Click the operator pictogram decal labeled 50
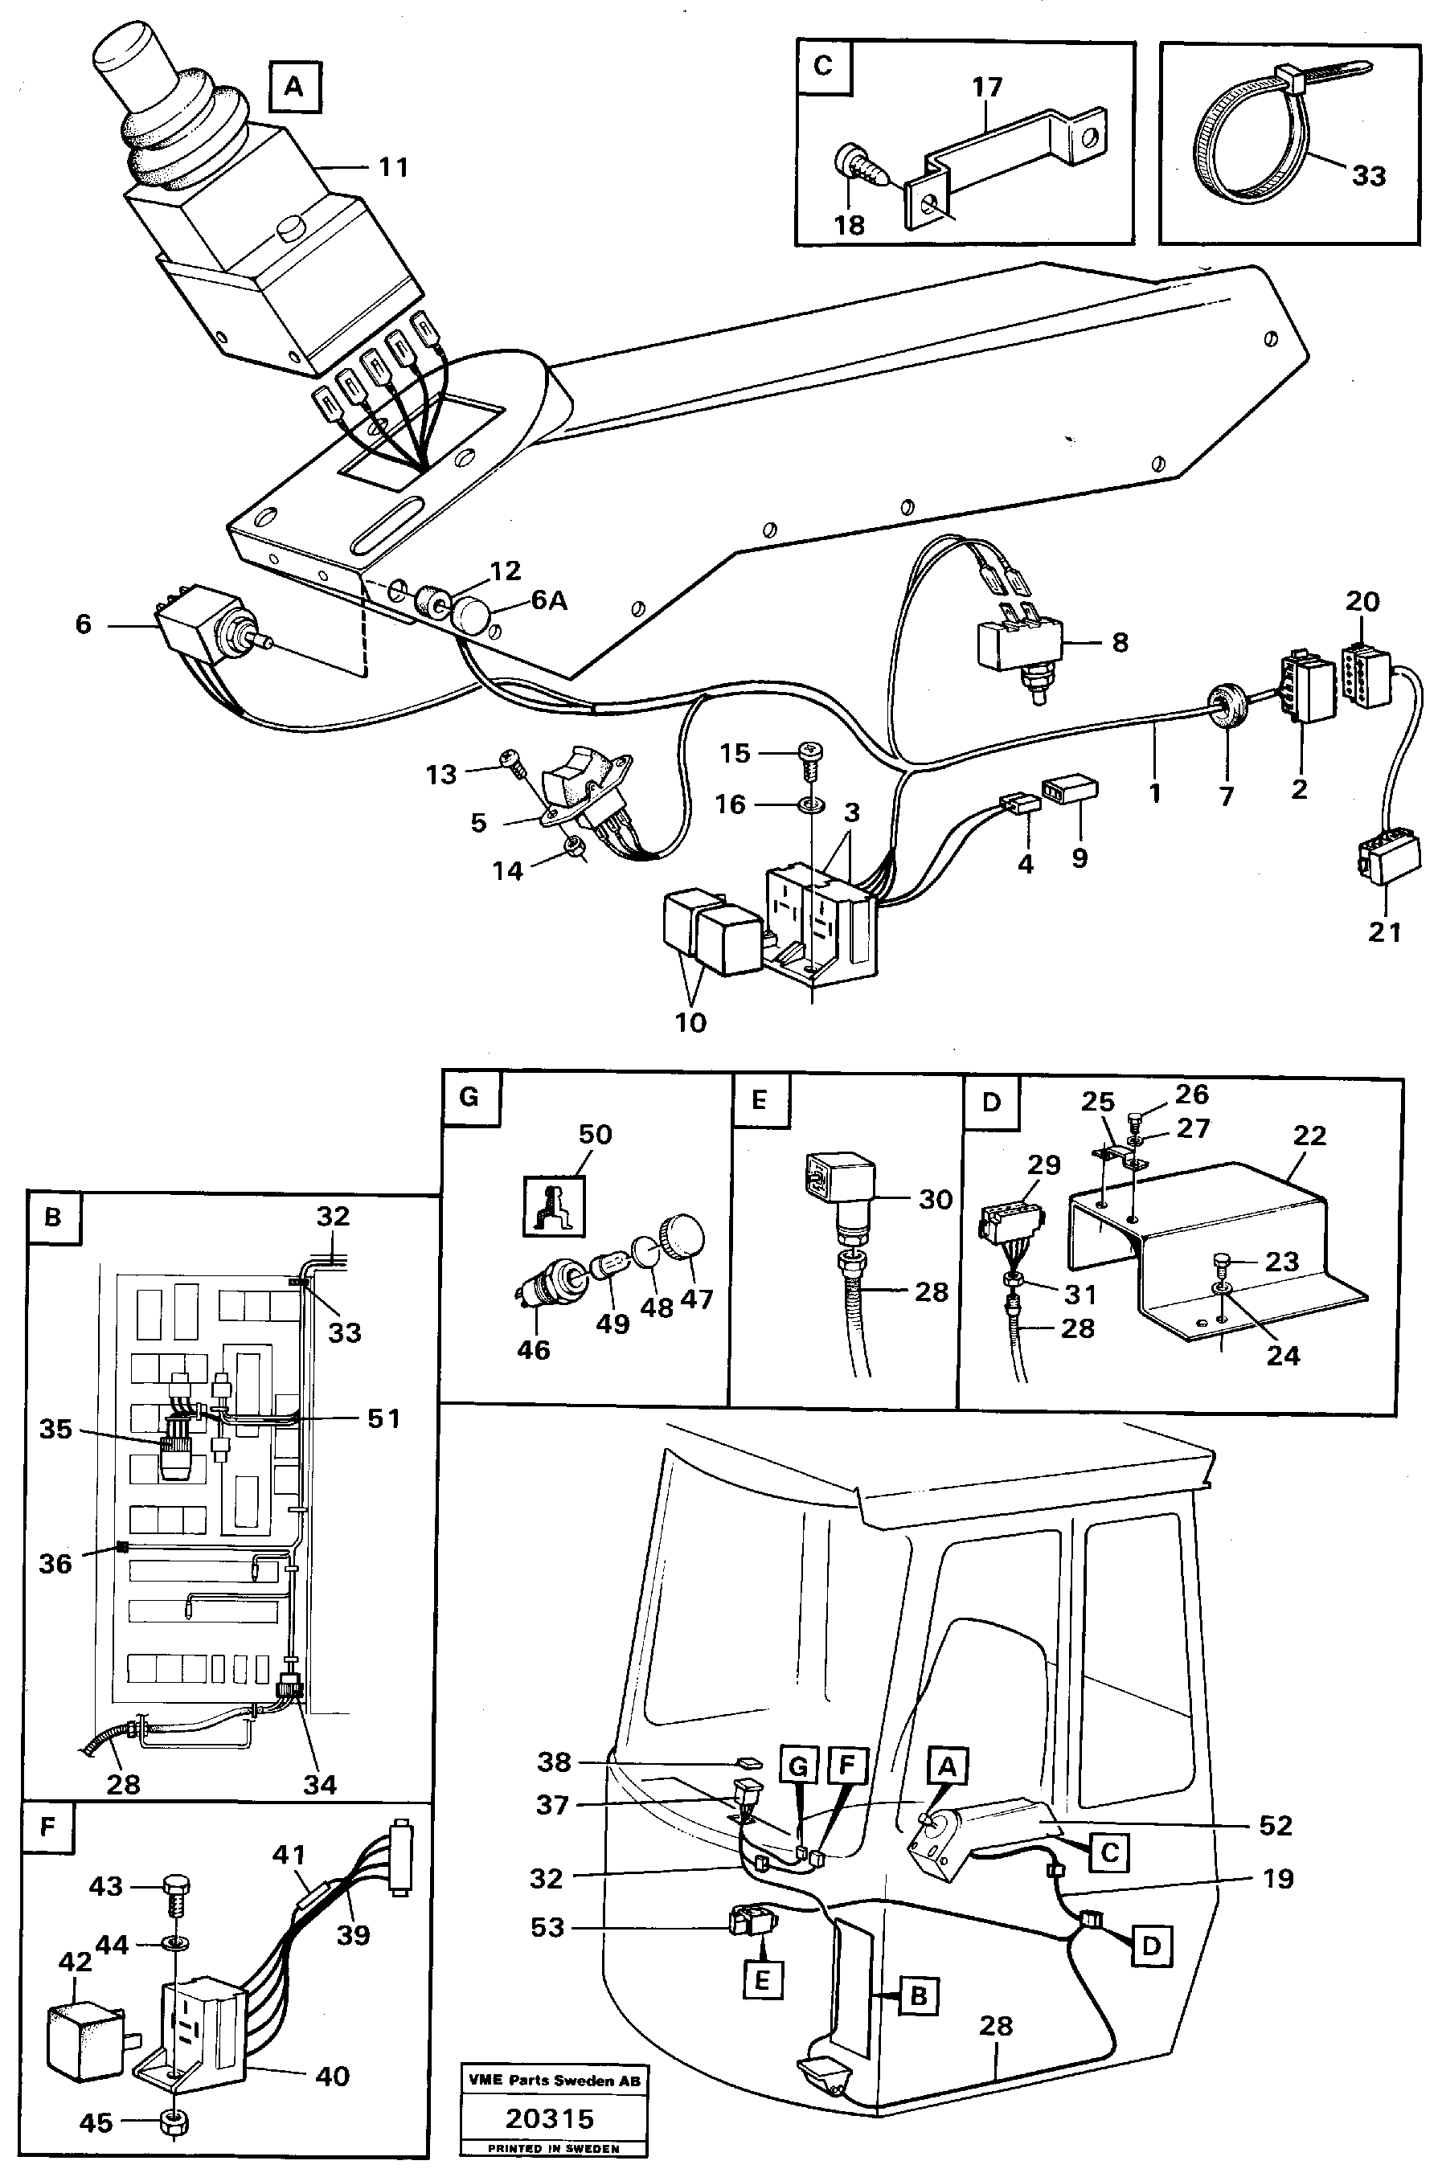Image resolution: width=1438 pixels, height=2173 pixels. [554, 1205]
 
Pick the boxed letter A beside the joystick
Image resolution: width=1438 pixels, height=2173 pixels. [293, 87]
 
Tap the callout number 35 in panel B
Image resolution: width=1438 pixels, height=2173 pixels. [55, 1430]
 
